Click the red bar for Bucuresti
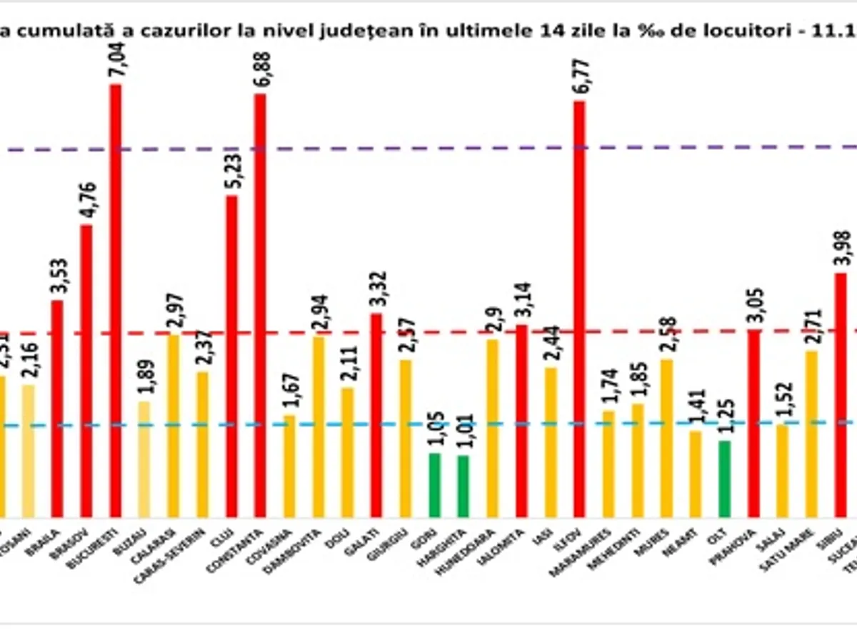coord(115,300)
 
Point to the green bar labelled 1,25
coord(725,479)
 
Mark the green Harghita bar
coord(463,486)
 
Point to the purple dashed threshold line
coord(428,149)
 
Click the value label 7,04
coord(115,61)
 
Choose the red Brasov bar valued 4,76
coord(86,371)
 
